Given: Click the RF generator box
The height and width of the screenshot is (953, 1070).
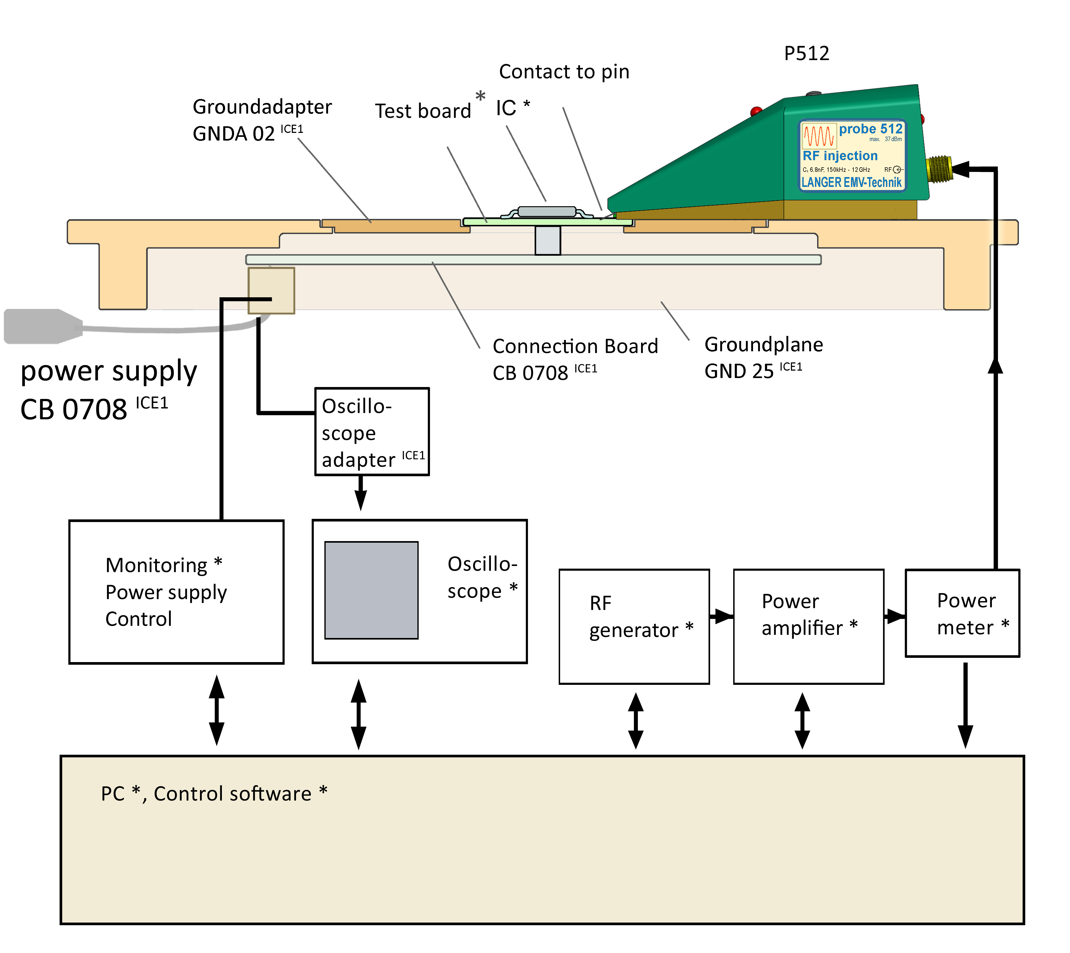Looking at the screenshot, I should click(634, 626).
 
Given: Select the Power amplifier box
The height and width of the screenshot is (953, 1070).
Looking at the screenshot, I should click(808, 626).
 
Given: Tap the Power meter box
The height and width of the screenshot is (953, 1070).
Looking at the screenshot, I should click(962, 613).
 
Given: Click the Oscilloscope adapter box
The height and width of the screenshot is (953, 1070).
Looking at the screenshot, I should click(371, 431).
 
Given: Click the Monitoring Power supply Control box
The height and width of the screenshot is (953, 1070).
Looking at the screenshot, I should click(176, 592).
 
